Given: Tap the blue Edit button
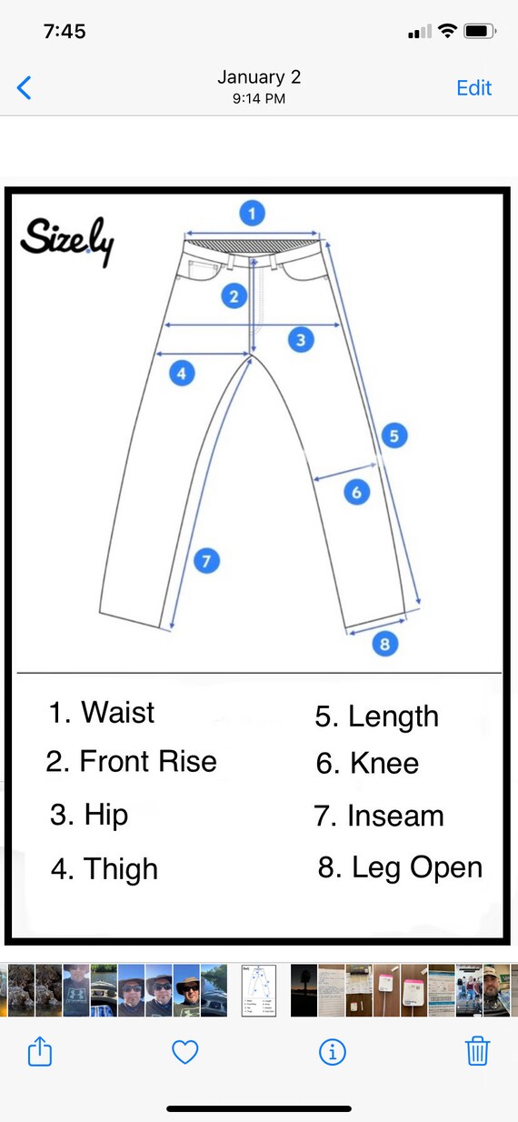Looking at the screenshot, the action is (473, 87).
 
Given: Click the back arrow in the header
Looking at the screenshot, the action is (24, 87).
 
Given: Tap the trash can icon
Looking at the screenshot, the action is (477, 1051).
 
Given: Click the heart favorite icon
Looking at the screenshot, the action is (185, 1051).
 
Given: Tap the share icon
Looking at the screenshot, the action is (40, 1050).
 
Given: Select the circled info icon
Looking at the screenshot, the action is (333, 1051).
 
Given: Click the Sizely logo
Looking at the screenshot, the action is (67, 241).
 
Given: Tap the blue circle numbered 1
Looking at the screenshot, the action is (253, 214).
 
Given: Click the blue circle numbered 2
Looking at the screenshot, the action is (234, 296).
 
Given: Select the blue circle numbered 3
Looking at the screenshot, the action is (301, 340).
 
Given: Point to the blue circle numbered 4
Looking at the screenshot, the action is (182, 373).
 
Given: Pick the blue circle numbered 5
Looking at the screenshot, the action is (394, 436).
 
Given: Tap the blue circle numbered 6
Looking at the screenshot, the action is (357, 492).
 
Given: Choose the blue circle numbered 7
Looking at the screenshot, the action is (206, 560).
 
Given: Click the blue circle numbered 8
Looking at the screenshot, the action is (385, 643).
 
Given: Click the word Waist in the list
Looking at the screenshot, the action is (118, 712).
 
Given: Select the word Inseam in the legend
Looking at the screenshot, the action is (395, 816).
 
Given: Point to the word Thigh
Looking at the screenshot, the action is (121, 869).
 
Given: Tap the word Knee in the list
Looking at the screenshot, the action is (384, 763).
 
